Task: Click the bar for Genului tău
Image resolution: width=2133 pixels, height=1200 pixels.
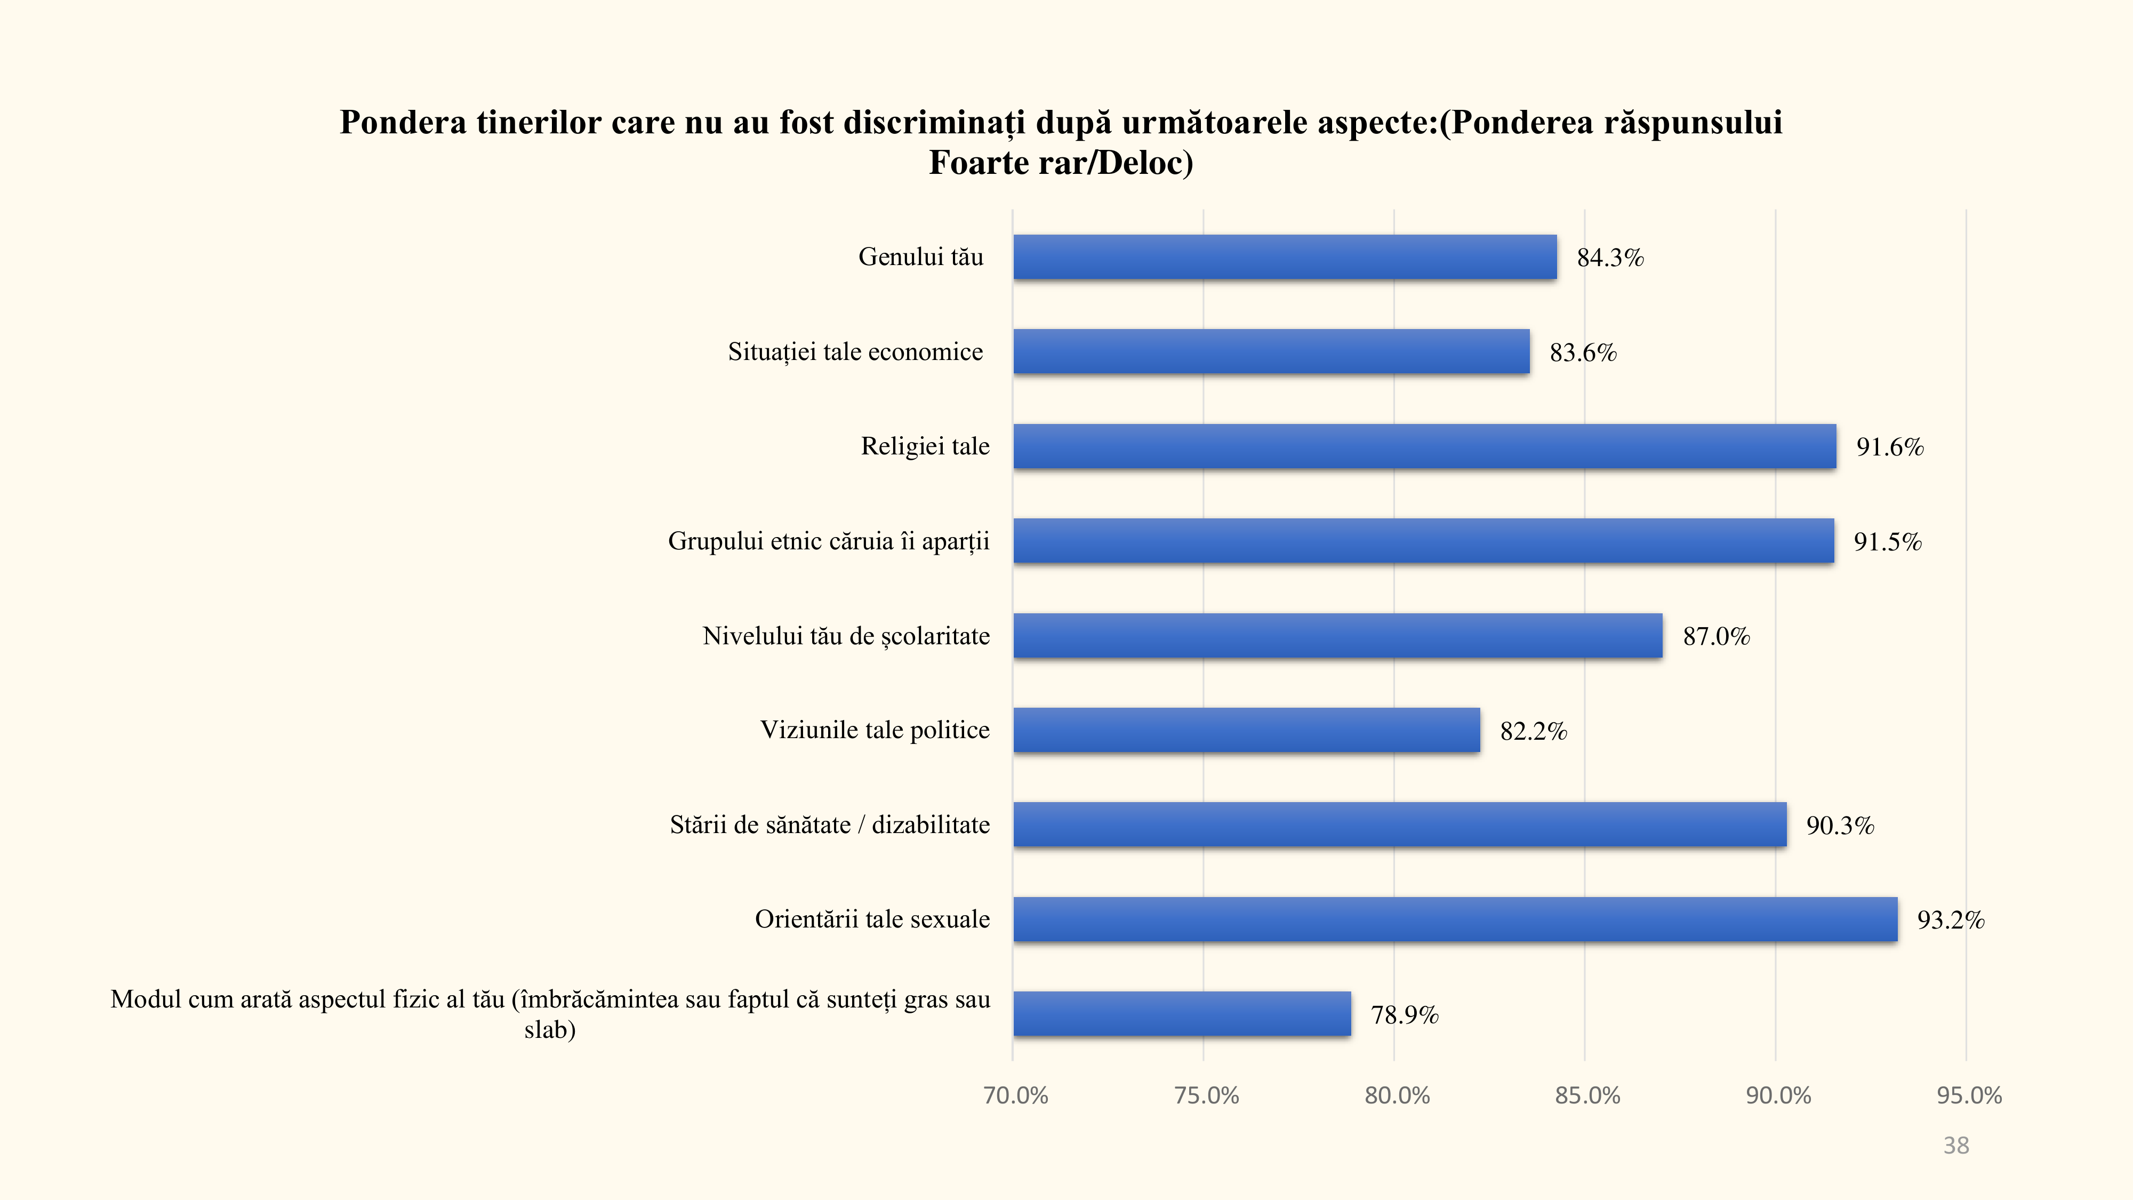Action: [x=1284, y=257]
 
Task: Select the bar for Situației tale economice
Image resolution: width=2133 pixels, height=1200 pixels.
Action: [x=1271, y=351]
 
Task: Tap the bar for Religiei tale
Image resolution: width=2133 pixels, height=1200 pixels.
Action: [x=1424, y=446]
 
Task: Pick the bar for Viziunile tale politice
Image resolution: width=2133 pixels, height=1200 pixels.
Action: [x=1246, y=730]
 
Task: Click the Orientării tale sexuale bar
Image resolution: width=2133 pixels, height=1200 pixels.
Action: [x=1455, y=919]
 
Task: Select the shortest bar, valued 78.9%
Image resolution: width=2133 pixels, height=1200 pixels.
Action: [x=1182, y=1014]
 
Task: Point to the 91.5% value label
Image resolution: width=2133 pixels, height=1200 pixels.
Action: [x=1887, y=542]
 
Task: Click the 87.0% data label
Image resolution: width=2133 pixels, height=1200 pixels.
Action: [x=1715, y=636]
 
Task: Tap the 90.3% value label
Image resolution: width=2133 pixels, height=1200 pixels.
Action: [x=1840, y=825]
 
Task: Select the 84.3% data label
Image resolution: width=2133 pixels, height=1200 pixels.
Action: [x=1610, y=258]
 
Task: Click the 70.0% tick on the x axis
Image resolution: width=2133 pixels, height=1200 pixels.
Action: [x=1015, y=1095]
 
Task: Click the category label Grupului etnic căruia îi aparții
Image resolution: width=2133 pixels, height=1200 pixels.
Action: [x=828, y=541]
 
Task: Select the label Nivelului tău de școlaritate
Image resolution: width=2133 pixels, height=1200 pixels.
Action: [x=845, y=635]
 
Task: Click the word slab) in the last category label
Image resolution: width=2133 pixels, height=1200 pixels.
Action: [x=550, y=1029]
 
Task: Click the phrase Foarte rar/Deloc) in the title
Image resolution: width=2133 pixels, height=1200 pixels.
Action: [x=1061, y=162]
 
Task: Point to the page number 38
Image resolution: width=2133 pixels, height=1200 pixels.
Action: [x=1956, y=1146]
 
